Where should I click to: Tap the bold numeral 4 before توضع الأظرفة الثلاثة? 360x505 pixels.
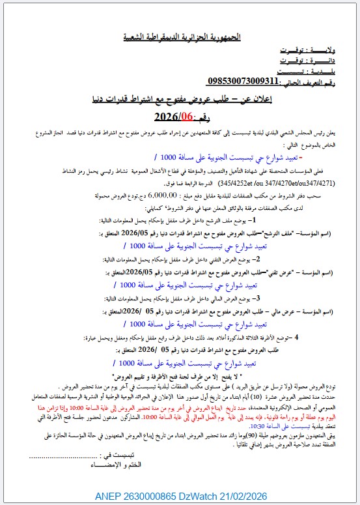click(298, 337)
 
